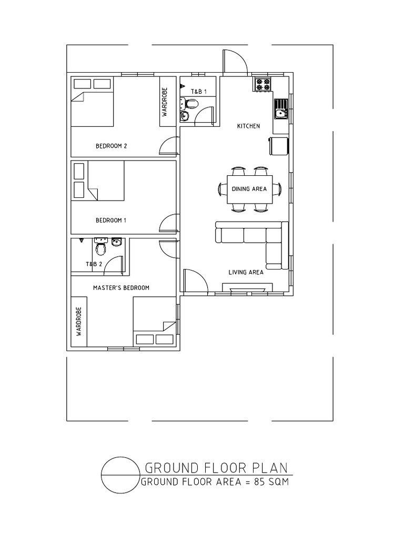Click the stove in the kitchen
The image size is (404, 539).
coord(263,84)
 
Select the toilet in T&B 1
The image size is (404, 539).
coord(189,103)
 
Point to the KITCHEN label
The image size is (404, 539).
coord(248,126)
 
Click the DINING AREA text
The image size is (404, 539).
coord(249,189)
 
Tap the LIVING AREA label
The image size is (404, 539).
coord(246,272)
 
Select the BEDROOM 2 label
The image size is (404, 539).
coord(112,146)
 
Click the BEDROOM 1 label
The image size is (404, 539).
coord(111,221)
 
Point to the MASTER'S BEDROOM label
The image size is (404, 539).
coord(122,288)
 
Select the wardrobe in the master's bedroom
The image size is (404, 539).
coord(79,322)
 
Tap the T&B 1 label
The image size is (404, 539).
coord(199,92)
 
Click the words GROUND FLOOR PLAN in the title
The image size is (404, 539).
coord(216,468)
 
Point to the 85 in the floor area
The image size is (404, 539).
coord(259,482)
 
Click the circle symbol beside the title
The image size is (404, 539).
coord(102,475)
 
